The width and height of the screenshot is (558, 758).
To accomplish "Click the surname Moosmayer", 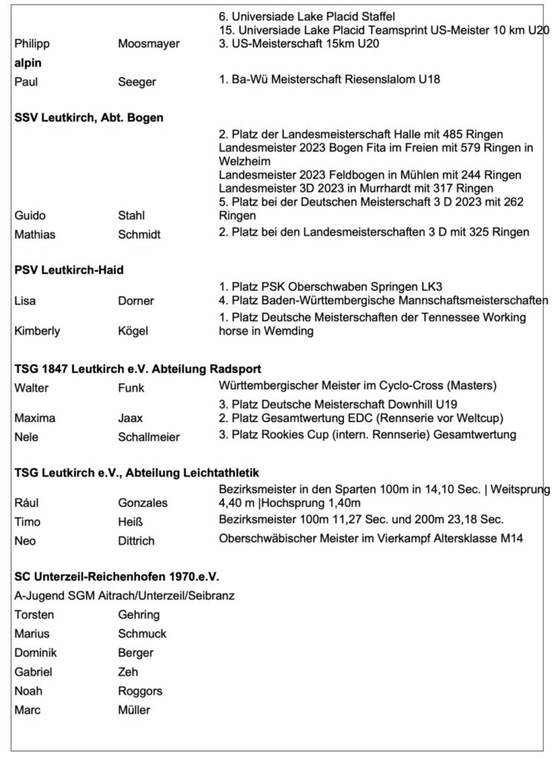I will pyautogui.click(x=149, y=44).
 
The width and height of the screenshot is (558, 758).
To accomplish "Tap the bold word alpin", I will pyautogui.click(x=28, y=64).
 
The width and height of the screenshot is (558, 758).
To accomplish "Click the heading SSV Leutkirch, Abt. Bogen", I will pyautogui.click(x=89, y=117).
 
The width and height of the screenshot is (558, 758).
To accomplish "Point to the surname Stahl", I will pyautogui.click(x=132, y=215).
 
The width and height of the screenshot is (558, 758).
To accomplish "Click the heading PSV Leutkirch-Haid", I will pyautogui.click(x=69, y=270).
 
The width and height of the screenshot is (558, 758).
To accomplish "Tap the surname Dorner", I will pyautogui.click(x=136, y=301).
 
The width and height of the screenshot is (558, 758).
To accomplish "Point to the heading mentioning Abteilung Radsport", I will pyautogui.click(x=138, y=368).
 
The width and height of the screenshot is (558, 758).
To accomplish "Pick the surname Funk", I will pyautogui.click(x=131, y=387).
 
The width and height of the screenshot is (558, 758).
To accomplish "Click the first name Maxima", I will pyautogui.click(x=33, y=418).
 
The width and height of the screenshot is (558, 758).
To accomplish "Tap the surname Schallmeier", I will pyautogui.click(x=149, y=437).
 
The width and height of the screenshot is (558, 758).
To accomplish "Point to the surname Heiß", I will pyautogui.click(x=130, y=522).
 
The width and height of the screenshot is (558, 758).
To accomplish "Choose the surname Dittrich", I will pyautogui.click(x=136, y=541).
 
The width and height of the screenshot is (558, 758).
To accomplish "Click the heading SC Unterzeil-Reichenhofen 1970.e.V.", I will pyautogui.click(x=117, y=576).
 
